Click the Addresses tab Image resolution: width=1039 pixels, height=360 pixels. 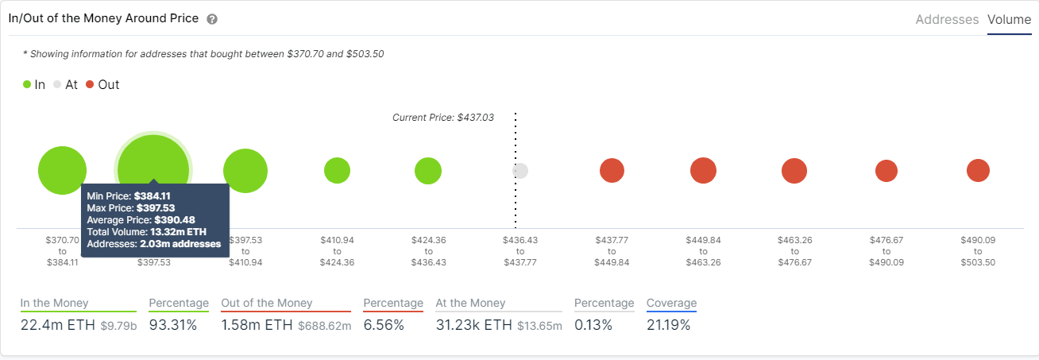(x=947, y=20)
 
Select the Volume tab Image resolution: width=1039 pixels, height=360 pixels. (x=1009, y=20)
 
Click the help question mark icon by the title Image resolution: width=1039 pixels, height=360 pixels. (x=212, y=19)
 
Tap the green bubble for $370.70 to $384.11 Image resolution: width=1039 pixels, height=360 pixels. (x=62, y=170)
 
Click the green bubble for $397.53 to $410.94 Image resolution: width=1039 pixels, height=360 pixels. (x=245, y=170)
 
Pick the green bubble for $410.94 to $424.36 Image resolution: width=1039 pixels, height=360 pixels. (x=337, y=170)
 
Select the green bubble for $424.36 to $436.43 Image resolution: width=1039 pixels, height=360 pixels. (x=428, y=170)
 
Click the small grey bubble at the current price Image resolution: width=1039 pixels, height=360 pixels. (x=520, y=171)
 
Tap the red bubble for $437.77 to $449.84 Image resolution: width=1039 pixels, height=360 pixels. (x=612, y=170)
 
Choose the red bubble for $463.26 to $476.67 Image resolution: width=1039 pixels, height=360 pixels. (x=794, y=170)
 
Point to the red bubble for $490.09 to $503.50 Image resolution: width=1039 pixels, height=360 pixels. (x=978, y=170)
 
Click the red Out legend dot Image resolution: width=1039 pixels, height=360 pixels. (x=90, y=84)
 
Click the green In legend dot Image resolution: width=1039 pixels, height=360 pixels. (x=27, y=84)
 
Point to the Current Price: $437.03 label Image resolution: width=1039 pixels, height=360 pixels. (x=443, y=117)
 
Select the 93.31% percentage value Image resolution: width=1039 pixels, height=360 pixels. (x=172, y=324)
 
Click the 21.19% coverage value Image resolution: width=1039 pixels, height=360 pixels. (x=668, y=324)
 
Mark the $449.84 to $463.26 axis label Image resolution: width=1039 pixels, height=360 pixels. (x=703, y=250)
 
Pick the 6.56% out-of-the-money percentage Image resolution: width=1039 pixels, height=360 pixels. (x=384, y=324)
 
